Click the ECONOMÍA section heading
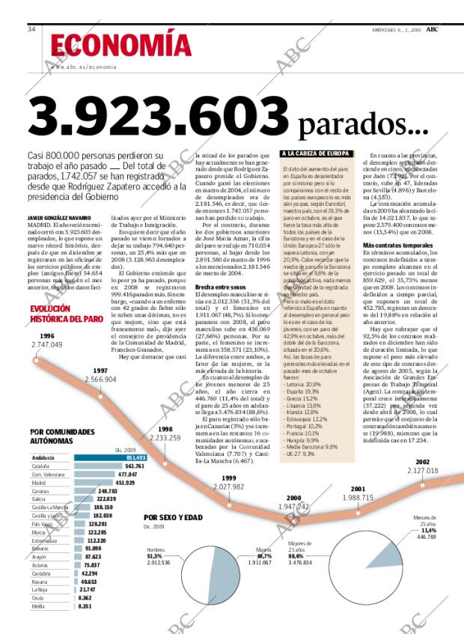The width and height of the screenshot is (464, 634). pyautogui.click(x=116, y=46)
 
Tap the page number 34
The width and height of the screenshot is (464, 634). pyautogui.click(x=32, y=29)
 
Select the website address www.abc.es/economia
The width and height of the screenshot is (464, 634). pyautogui.click(x=84, y=67)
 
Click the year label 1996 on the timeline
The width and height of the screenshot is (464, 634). pyautogui.click(x=46, y=335)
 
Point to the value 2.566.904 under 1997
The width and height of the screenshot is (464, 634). pyautogui.click(x=100, y=380)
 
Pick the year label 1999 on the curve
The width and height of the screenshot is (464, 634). pyautogui.click(x=228, y=478)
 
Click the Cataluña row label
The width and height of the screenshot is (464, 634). pyautogui.click(x=42, y=466)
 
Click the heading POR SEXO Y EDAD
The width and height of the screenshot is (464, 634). pyautogui.click(x=173, y=517)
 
